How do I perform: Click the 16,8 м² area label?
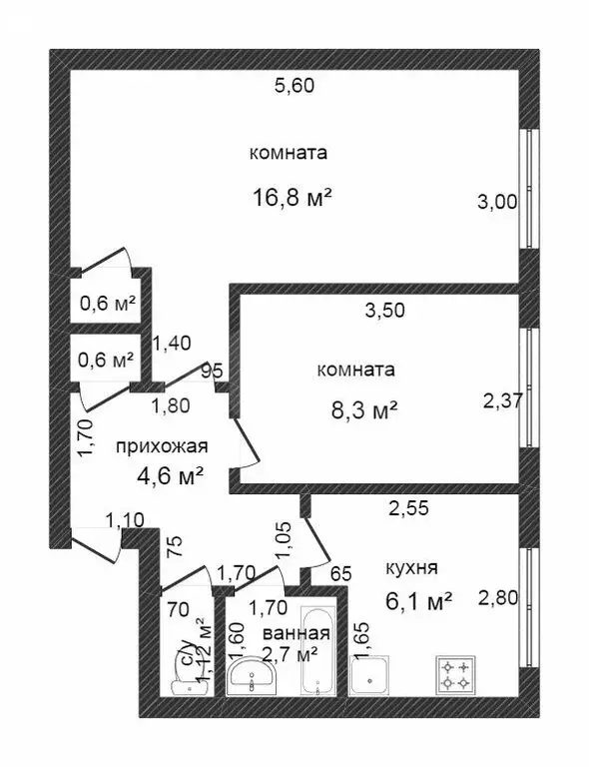292,198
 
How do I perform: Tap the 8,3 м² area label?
358,408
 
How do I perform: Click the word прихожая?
161,445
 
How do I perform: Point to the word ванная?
295,633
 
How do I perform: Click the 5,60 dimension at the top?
294,86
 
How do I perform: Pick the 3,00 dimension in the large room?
498,202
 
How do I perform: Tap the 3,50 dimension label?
384,310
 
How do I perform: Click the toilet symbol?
186,681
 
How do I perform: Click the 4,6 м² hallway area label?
170,476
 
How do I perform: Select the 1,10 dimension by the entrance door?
124,519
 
